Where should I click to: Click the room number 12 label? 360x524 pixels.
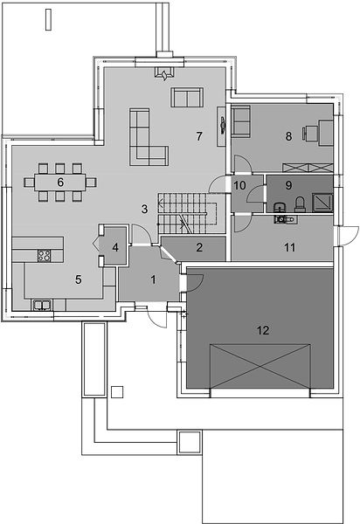coord(263,330)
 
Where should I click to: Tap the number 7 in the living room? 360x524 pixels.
coord(199,136)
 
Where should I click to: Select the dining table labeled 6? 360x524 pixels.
coord(60,183)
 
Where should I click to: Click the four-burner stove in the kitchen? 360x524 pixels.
coord(44,255)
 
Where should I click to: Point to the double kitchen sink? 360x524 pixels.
coord(42,305)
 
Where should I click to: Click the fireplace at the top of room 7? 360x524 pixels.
coord(164,72)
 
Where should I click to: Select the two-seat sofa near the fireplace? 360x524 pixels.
coord(187,97)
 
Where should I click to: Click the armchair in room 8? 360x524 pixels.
coord(240,121)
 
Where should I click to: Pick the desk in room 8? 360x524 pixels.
coord(326,133)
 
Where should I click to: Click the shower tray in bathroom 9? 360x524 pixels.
coord(322,203)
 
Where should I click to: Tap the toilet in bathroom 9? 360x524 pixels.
coord(300,204)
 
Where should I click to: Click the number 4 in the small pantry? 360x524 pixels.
coord(115,247)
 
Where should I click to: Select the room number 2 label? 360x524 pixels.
coord(199,247)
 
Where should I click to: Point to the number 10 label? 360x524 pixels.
coord(239,185)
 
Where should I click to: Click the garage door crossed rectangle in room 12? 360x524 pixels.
coord(260,366)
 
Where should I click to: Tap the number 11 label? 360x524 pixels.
coord(290,247)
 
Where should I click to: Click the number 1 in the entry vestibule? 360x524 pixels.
coord(154,279)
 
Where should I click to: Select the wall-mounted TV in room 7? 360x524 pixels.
coord(222,126)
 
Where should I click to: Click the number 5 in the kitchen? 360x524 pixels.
coord(79,279)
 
